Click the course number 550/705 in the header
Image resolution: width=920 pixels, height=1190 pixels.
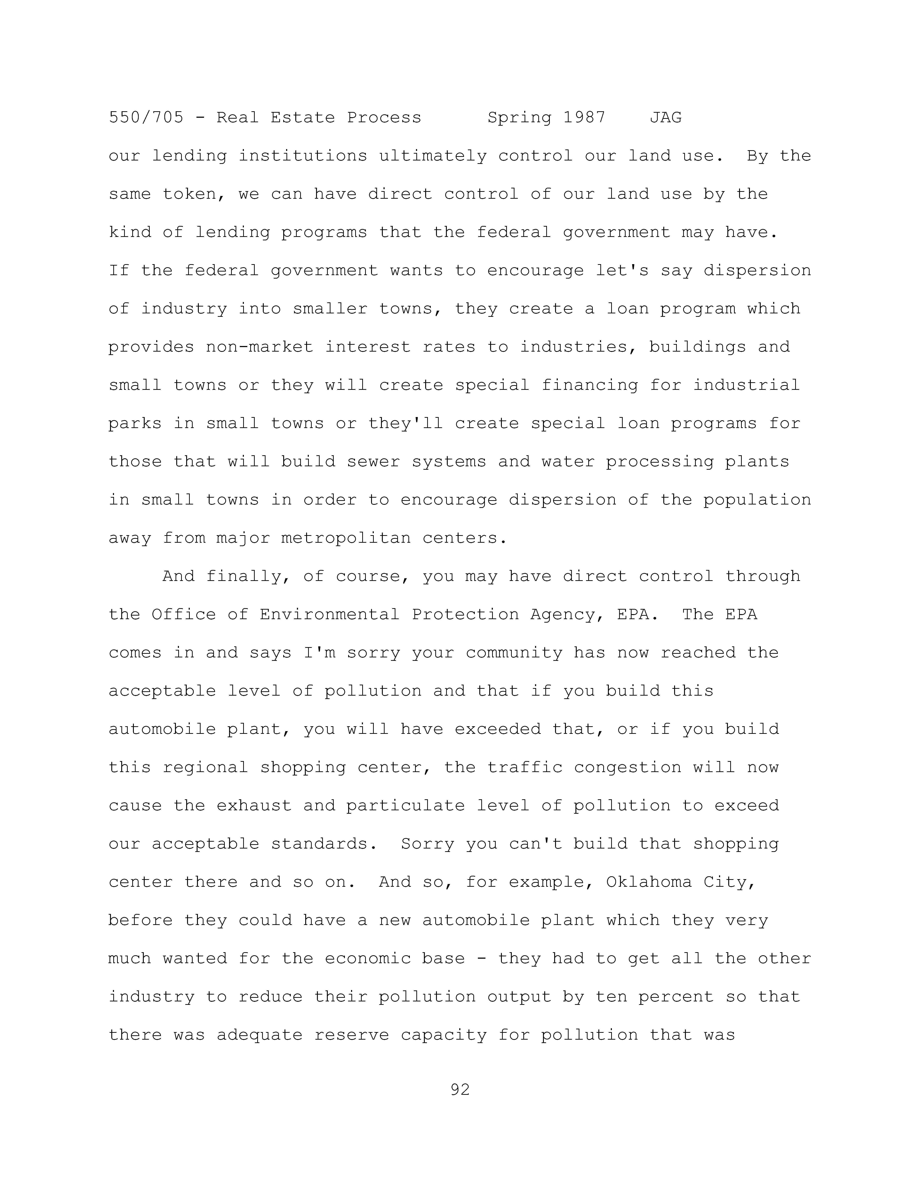[x=146, y=118]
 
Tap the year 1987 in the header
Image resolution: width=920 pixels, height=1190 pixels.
[x=584, y=118]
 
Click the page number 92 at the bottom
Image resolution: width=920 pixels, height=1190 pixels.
[x=460, y=1090]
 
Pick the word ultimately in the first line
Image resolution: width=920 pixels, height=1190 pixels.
[x=433, y=156]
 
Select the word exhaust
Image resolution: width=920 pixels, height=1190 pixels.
[x=254, y=806]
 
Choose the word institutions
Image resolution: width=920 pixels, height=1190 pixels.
[x=303, y=156]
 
